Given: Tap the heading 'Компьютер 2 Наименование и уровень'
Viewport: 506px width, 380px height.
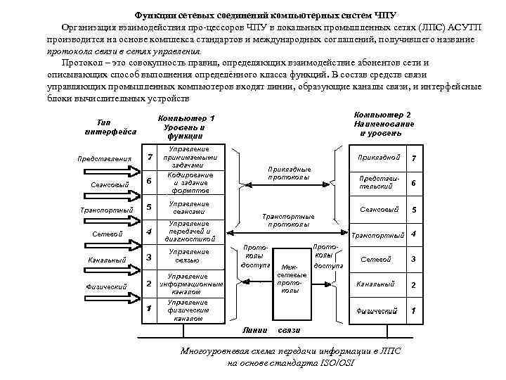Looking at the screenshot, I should click(x=384, y=123).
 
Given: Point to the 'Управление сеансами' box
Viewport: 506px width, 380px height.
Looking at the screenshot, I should click(x=189, y=207).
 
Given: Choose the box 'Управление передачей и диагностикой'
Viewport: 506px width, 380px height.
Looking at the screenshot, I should click(x=189, y=232).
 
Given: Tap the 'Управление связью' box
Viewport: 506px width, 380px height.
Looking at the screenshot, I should click(x=189, y=256).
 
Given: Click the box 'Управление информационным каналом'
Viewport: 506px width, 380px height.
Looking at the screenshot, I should click(x=189, y=284).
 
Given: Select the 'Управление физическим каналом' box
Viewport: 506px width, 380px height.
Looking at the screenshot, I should click(x=189, y=310).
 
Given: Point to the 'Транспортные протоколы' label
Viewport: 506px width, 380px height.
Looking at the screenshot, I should click(x=288, y=221).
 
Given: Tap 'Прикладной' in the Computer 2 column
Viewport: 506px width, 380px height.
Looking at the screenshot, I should click(x=379, y=158).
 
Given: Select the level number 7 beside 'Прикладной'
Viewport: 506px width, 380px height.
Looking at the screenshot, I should click(x=414, y=158).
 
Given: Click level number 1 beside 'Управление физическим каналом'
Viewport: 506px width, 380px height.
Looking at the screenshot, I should click(x=149, y=309).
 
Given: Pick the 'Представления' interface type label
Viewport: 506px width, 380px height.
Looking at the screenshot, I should click(x=104, y=158).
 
